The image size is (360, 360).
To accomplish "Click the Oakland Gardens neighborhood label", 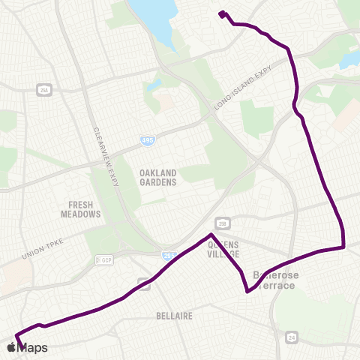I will tap(157, 177).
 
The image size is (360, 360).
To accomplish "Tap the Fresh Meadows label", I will tap(80, 209).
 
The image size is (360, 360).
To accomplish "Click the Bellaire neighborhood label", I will tap(174, 316).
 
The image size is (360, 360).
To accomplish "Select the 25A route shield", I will tap(44, 90).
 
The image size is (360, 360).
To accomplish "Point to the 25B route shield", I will tap(223, 223).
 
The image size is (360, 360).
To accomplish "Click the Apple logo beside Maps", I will tap(12, 347).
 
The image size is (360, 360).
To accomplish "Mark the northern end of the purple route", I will tap(221, 13).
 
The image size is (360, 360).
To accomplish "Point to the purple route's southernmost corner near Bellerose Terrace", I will tap(247, 292).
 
